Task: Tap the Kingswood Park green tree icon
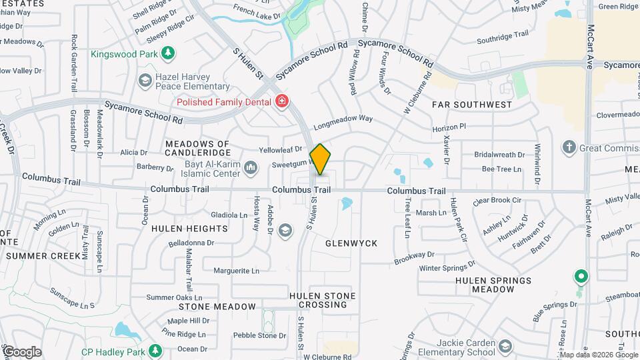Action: tap(169, 52)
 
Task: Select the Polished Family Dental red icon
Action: tap(283, 101)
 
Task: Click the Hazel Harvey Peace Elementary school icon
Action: tap(145, 81)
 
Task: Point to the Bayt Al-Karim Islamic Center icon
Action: tap(251, 167)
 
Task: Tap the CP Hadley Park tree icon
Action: tap(155, 349)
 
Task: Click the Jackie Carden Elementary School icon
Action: tap(505, 345)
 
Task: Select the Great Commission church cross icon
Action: tap(569, 147)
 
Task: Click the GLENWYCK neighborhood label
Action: tap(351, 244)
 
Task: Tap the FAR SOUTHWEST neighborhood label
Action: tap(472, 105)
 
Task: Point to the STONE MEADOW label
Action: tap(217, 307)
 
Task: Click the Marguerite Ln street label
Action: tap(236, 271)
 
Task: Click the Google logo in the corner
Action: tap(22, 351)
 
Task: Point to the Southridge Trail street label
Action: tap(503, 36)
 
